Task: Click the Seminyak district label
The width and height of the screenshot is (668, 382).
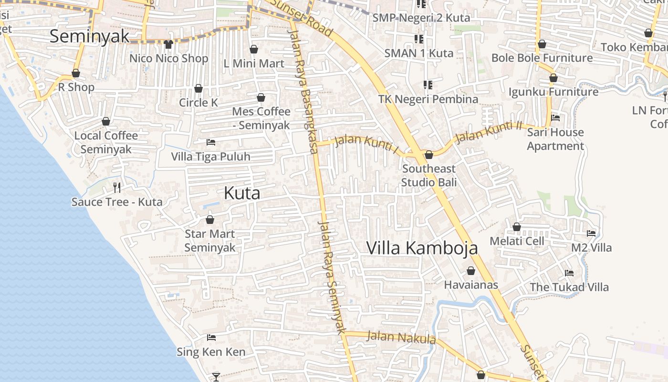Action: point(89,36)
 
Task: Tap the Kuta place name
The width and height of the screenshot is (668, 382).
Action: point(242,193)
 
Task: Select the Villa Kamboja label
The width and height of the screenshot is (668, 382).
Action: point(422,248)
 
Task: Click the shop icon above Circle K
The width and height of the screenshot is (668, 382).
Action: point(198,88)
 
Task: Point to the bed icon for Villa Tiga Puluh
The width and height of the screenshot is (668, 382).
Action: point(211,142)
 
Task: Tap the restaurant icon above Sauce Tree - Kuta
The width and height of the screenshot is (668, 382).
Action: point(117,187)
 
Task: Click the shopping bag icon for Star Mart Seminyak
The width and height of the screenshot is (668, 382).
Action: point(209,220)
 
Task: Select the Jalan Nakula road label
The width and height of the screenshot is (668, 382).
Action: point(401,338)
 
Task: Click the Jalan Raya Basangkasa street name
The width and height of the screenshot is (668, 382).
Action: point(303,91)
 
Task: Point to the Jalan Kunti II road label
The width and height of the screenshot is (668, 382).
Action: point(488,132)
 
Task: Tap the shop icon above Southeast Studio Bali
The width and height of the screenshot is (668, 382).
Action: point(428,155)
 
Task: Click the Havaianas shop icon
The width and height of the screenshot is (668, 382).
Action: point(471,271)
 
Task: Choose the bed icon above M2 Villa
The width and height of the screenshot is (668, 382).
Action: point(591,233)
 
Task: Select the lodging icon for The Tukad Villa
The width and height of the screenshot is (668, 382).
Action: point(569,273)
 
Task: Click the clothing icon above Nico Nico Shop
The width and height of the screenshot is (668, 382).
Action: point(168,44)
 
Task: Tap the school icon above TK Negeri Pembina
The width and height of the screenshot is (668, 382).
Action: point(428,85)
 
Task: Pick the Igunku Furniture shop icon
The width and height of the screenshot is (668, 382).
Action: point(553,77)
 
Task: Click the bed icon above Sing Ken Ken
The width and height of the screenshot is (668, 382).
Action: point(211,338)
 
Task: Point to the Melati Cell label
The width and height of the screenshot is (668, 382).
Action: point(517,241)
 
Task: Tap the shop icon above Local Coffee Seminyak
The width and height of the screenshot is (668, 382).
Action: point(106,121)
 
